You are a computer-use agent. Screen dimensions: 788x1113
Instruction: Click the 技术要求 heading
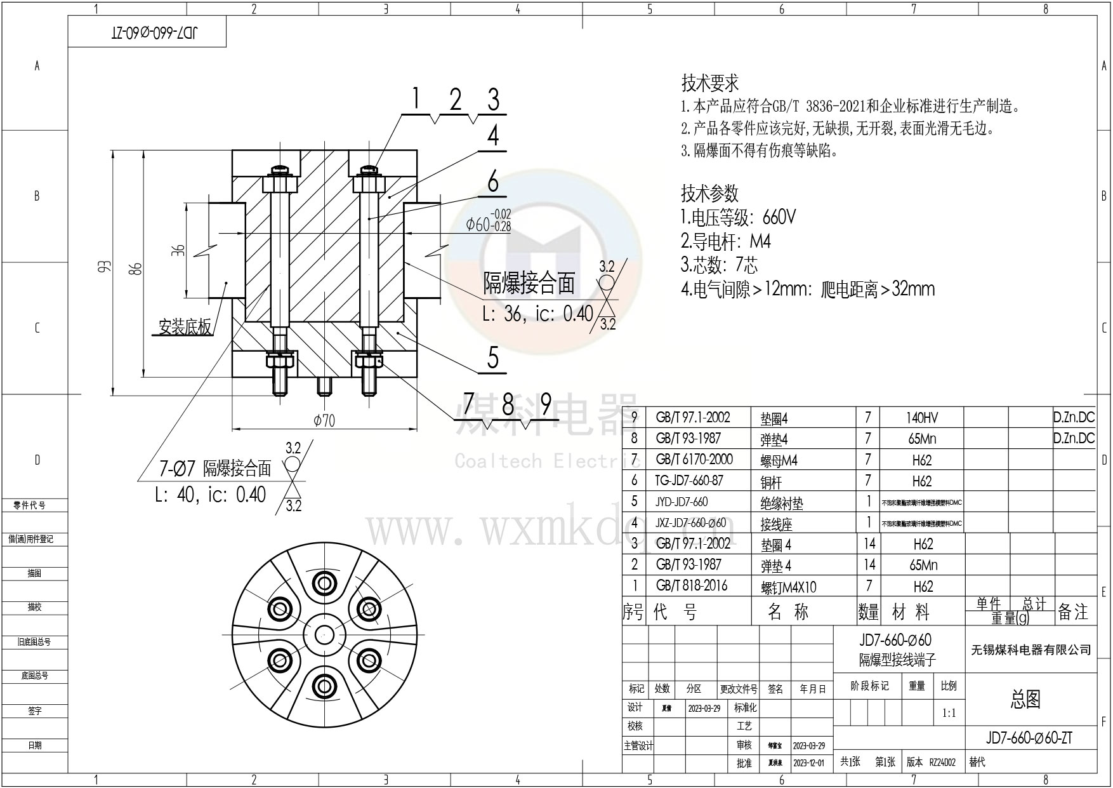coord(710,83)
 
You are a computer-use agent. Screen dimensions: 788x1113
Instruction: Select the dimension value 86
coord(135,269)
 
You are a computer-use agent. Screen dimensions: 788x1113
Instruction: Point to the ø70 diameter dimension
coord(324,420)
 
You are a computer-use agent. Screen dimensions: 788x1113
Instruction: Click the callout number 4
coord(493,136)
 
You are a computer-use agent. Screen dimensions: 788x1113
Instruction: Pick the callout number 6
coord(493,183)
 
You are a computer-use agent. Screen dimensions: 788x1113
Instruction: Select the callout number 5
coord(493,359)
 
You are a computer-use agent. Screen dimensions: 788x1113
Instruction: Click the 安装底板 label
coord(185,328)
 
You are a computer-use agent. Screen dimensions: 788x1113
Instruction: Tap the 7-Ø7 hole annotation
coord(177,469)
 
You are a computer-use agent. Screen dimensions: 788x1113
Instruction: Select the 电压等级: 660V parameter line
coord(738,218)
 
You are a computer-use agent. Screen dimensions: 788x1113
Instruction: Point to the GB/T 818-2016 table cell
coord(692,585)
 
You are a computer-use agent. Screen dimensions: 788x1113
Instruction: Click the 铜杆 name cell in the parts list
coord(772,482)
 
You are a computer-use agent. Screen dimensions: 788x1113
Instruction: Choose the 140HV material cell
coord(921,418)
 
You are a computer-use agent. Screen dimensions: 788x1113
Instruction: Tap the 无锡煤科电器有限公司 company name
coord(1031,650)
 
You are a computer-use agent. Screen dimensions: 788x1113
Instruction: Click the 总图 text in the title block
coord(1025,699)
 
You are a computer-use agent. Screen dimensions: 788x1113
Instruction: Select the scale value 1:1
coord(949,713)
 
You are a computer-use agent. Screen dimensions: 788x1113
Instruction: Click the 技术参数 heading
coord(709,192)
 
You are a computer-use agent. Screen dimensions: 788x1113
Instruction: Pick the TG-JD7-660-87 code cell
coord(688,481)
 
